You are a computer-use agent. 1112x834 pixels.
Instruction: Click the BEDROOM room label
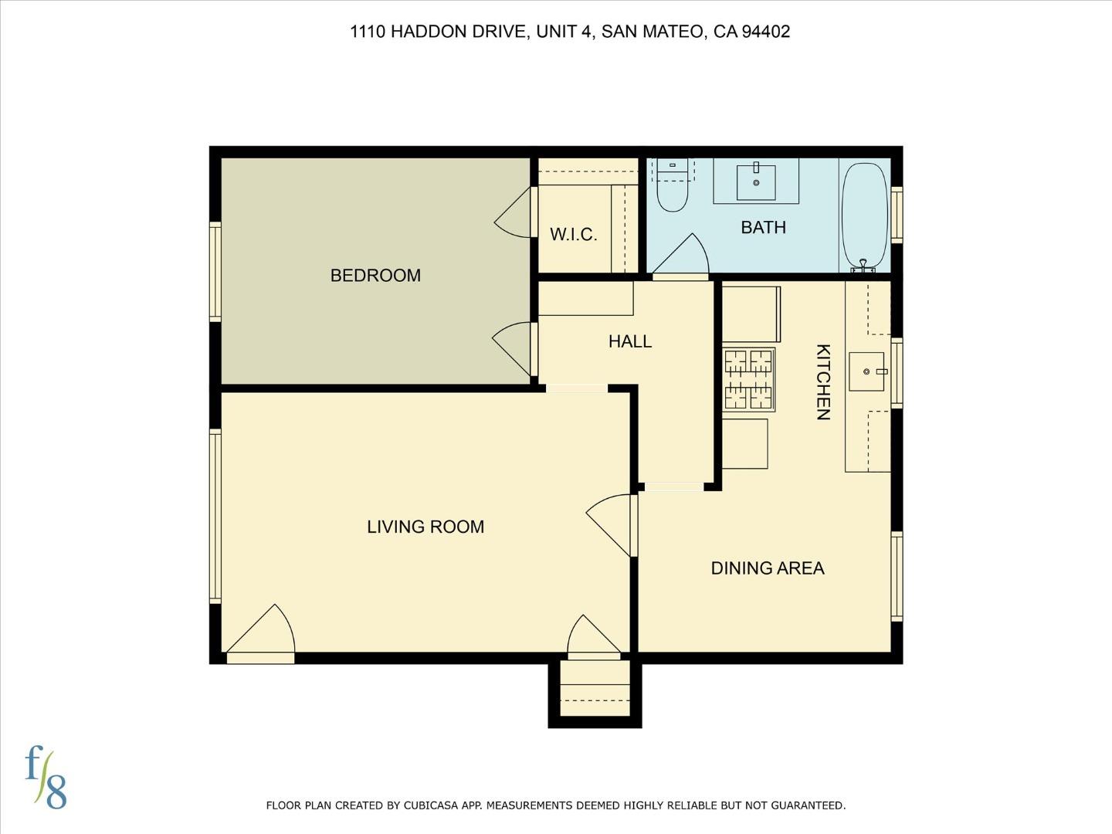tap(375, 276)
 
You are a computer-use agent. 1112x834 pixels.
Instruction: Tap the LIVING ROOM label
tap(425, 527)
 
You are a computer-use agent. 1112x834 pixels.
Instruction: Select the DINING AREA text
tap(767, 568)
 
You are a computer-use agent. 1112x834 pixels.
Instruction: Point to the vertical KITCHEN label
tap(823, 382)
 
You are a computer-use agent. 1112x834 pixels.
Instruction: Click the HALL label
tap(629, 341)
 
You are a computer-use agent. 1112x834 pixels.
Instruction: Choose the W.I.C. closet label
tap(573, 235)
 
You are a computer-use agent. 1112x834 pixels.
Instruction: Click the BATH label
tap(763, 228)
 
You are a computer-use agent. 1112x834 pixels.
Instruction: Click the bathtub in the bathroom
tap(864, 215)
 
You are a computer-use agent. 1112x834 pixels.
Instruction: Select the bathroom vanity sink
tap(756, 182)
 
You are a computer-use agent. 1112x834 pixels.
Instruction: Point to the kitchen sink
tap(866, 371)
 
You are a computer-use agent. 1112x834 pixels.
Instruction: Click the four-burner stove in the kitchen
tap(748, 379)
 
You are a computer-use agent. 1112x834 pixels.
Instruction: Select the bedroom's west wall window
tap(215, 271)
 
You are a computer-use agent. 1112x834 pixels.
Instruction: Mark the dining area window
tap(897, 576)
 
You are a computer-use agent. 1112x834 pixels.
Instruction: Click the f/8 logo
tap(46, 777)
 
